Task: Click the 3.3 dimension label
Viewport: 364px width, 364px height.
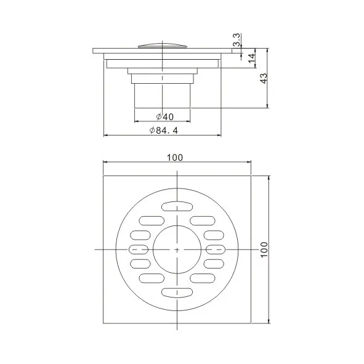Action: pyautogui.click(x=237, y=41)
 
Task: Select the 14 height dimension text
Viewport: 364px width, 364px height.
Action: pyautogui.click(x=251, y=57)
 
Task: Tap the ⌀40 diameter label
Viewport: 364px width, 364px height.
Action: pyautogui.click(x=164, y=116)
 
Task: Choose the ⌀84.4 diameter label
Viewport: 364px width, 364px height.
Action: pyautogui.click(x=164, y=130)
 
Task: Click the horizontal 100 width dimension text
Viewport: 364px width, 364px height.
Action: pyautogui.click(x=175, y=157)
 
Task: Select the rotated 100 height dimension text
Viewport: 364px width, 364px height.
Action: pyautogui.click(x=264, y=249)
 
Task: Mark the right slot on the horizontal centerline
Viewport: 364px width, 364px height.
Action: pyautogui.click(x=216, y=249)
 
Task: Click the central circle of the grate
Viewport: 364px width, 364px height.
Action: pyautogui.click(x=177, y=249)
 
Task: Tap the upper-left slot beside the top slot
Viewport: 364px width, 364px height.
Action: pyautogui.click(x=152, y=220)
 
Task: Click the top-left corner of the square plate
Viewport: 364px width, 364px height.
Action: pyautogui.click(x=103, y=176)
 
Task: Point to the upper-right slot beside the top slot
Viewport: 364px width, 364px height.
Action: pyautogui.click(x=202, y=220)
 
